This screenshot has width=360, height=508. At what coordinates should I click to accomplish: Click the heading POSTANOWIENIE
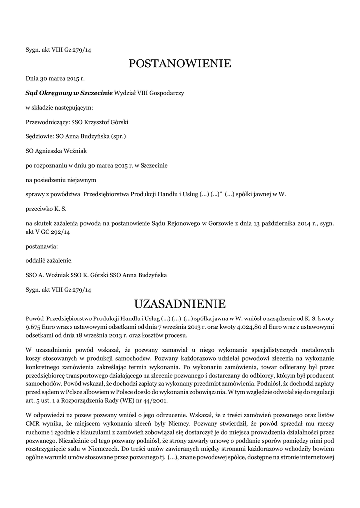pos(180,63)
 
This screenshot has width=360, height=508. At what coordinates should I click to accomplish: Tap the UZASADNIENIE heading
pos(180,303)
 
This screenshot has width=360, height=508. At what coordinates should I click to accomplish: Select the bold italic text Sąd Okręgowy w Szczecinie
pos(70,93)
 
